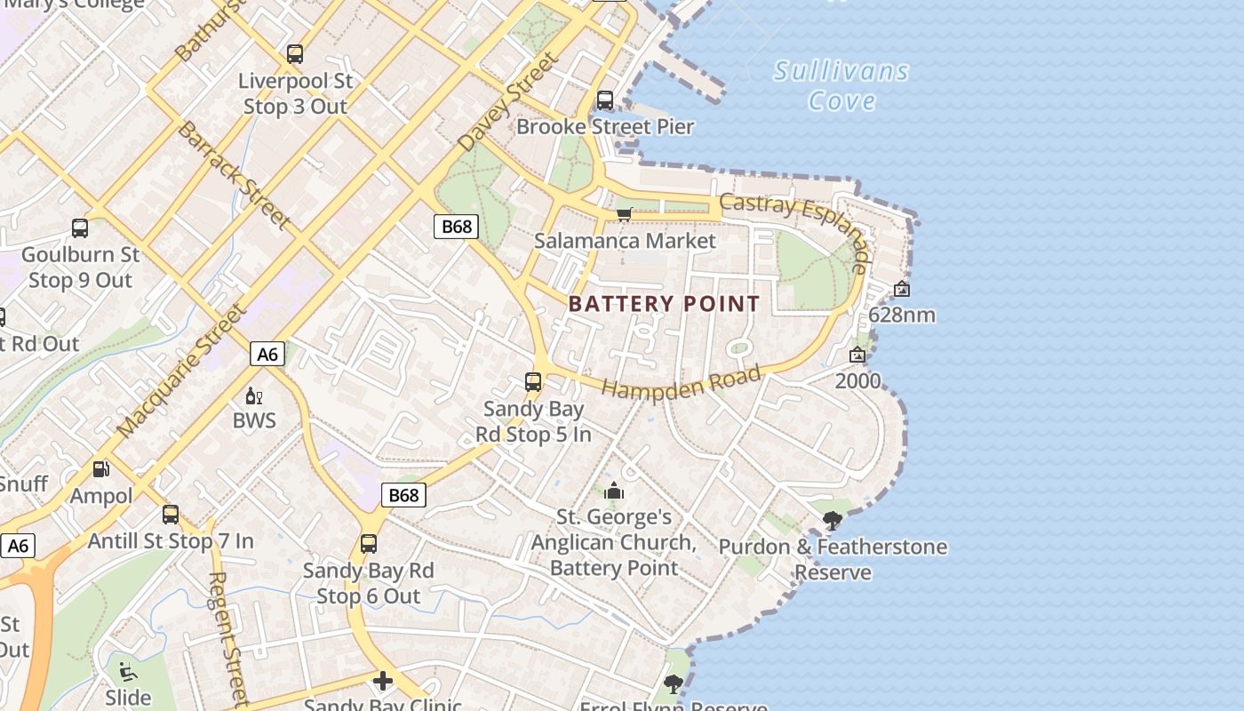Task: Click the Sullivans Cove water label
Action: [x=841, y=85]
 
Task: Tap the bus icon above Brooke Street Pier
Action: [x=605, y=100]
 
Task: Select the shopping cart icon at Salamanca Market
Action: [x=625, y=214]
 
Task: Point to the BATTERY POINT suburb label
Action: [x=664, y=304]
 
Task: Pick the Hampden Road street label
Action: [x=682, y=382]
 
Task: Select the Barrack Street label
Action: [x=234, y=175]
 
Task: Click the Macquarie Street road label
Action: [x=180, y=371]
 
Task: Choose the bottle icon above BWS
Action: [x=254, y=395]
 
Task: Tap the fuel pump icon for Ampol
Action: [x=101, y=469]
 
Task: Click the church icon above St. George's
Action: [x=614, y=491]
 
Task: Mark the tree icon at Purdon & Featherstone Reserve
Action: [x=833, y=520]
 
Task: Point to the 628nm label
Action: [x=901, y=316]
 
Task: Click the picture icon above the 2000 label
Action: [x=857, y=355]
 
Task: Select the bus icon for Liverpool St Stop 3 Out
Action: [x=295, y=54]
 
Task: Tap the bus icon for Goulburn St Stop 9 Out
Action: [x=80, y=228]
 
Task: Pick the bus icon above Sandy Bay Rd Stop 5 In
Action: [x=533, y=382]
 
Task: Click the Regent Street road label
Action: [x=227, y=638]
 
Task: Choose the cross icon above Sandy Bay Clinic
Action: [x=383, y=681]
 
